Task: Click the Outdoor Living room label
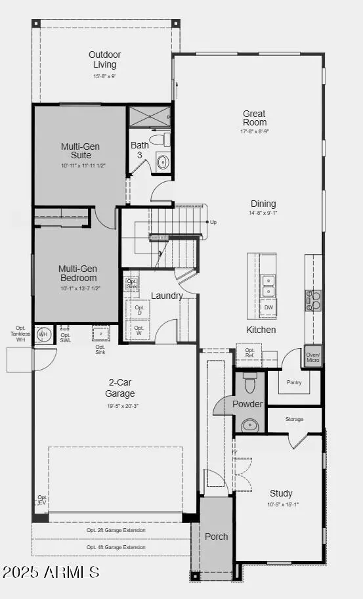105,60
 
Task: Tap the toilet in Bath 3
158,140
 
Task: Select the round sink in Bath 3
162,162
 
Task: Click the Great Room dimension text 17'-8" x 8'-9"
254,131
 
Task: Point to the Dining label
263,204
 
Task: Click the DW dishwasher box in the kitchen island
268,307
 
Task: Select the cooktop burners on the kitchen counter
313,300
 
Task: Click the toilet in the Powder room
249,383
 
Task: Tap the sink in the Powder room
249,425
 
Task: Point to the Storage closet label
294,419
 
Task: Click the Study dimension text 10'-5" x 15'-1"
281,504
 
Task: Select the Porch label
216,537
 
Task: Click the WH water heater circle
43,335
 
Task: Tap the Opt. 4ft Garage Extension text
116,547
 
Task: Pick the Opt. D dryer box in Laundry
139,309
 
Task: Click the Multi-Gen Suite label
76,151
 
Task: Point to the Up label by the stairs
213,223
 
